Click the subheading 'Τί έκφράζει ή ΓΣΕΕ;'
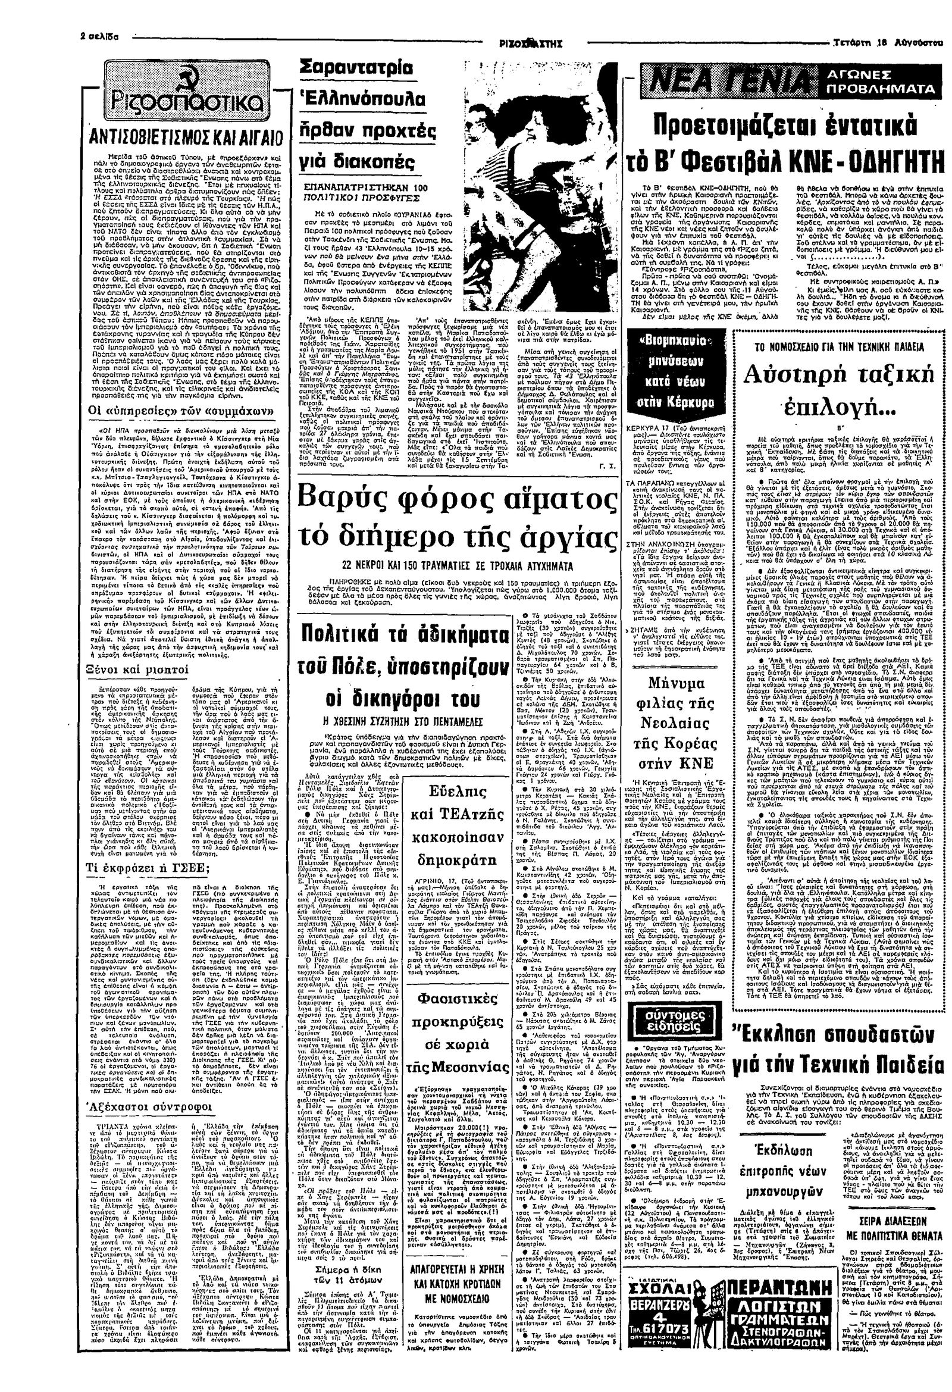tap(142, 868)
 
